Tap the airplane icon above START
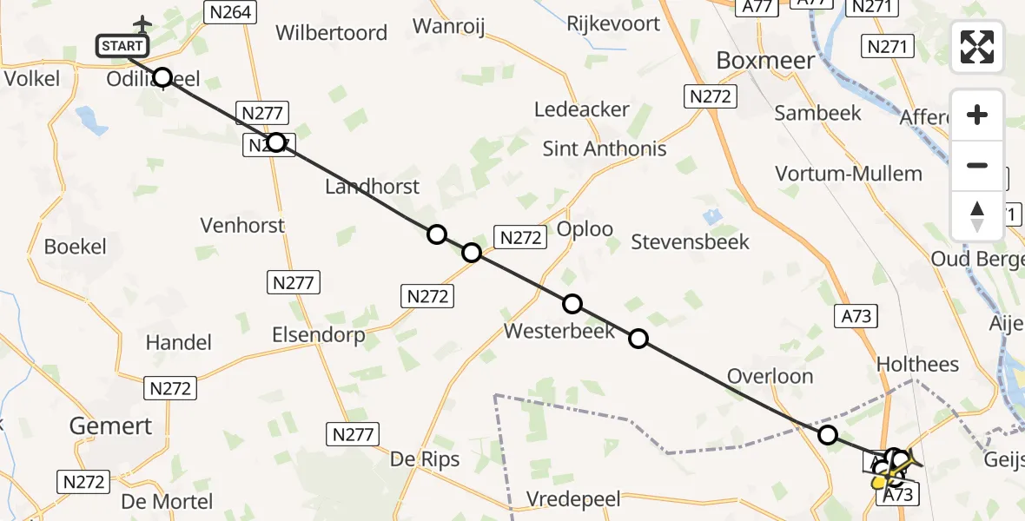[x=142, y=23]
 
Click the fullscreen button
[x=977, y=47]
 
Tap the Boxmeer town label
[x=765, y=60]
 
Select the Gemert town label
[x=110, y=425]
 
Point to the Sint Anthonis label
[x=605, y=148]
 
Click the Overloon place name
[x=770, y=376]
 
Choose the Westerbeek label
[x=559, y=331]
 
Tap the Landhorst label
[x=372, y=186]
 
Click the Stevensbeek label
[x=690, y=241]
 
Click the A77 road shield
[x=757, y=6]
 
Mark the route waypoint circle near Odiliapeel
[x=162, y=77]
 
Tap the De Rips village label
[x=425, y=459]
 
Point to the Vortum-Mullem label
[x=848, y=174]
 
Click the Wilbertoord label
[x=331, y=33]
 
